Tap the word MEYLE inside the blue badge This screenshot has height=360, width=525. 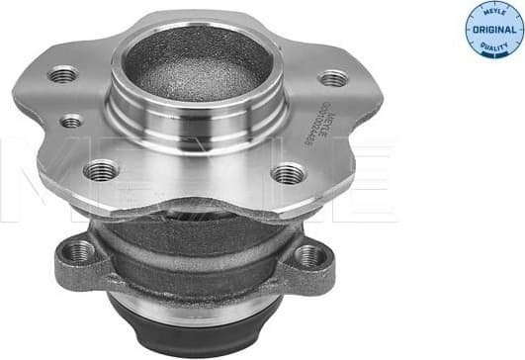pyautogui.click(x=482, y=16)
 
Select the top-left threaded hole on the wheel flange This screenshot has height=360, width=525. pyautogui.click(x=64, y=73)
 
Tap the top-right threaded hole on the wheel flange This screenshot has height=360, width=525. pyautogui.click(x=334, y=78)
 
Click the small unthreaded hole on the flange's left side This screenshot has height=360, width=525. pyautogui.click(x=71, y=121)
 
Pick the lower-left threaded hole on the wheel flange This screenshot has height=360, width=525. pyautogui.click(x=100, y=171)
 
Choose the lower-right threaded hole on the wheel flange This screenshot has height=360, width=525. pyautogui.click(x=288, y=174)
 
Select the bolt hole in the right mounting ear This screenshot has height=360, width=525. pyautogui.click(x=309, y=255)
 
